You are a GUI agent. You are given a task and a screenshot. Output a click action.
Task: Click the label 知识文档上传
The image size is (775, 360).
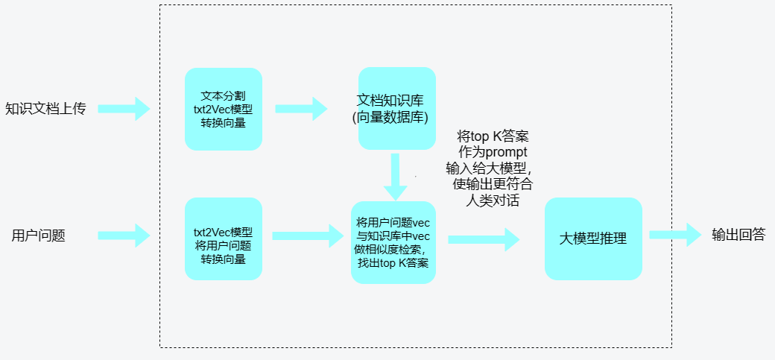[x=45, y=109]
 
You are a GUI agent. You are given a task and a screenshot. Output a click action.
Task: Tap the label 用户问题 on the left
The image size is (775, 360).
[x=39, y=236]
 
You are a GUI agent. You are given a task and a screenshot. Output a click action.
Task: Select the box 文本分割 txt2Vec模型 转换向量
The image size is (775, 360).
[x=224, y=109]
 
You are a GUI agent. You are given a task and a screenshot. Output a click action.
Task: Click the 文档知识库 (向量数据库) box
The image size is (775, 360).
[x=396, y=109]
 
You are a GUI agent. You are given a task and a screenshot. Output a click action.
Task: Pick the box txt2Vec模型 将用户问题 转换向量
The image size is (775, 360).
[x=224, y=239]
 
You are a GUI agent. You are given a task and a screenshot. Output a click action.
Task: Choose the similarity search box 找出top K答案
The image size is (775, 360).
[x=393, y=242]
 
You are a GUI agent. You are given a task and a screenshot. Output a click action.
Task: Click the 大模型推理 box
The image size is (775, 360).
[x=593, y=239]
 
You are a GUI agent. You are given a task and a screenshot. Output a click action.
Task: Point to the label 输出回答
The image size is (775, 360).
[x=738, y=236]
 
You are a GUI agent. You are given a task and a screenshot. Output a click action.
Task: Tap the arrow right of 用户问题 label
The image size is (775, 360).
[x=124, y=236]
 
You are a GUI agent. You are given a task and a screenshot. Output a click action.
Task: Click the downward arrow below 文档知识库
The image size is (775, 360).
[x=394, y=177]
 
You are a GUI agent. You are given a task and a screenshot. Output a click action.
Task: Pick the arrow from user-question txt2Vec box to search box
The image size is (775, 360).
[x=305, y=236]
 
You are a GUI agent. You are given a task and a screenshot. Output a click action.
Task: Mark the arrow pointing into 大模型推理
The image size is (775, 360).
[x=483, y=239]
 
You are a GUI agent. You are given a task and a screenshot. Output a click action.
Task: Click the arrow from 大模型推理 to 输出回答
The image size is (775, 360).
[x=675, y=236]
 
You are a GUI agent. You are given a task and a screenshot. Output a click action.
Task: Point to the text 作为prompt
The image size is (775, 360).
[x=493, y=151]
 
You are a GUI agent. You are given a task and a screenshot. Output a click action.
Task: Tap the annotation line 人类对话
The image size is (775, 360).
[x=492, y=200]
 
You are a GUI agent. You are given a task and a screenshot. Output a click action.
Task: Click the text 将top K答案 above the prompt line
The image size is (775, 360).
[x=493, y=136]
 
